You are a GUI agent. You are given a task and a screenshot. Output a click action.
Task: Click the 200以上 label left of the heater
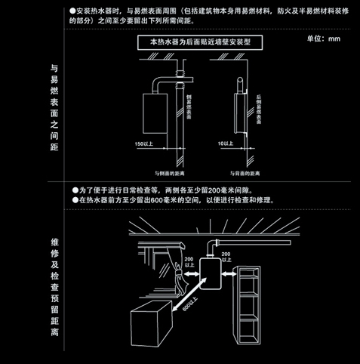pyautogui.click(x=188, y=262)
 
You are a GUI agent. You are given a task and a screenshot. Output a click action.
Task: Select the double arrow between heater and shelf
pyautogui.click(x=231, y=273)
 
